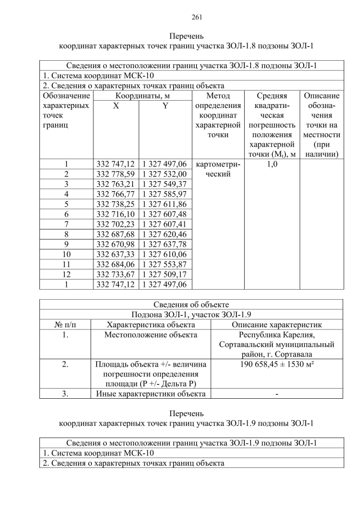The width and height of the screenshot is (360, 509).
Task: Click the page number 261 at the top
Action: tap(181, 16)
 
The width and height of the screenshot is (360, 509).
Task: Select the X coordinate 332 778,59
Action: tap(115, 174)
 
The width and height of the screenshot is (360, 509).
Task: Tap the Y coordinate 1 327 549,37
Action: tap(165, 184)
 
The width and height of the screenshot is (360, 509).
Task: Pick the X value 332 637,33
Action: tap(115, 255)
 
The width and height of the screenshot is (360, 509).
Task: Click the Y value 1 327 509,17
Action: tap(165, 275)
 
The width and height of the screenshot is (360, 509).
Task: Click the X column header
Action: tap(115, 106)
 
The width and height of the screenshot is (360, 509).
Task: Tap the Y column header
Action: tap(165, 106)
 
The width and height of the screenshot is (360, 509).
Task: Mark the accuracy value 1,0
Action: tap(272, 164)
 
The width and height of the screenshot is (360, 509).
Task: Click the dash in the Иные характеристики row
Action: tap(277, 394)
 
